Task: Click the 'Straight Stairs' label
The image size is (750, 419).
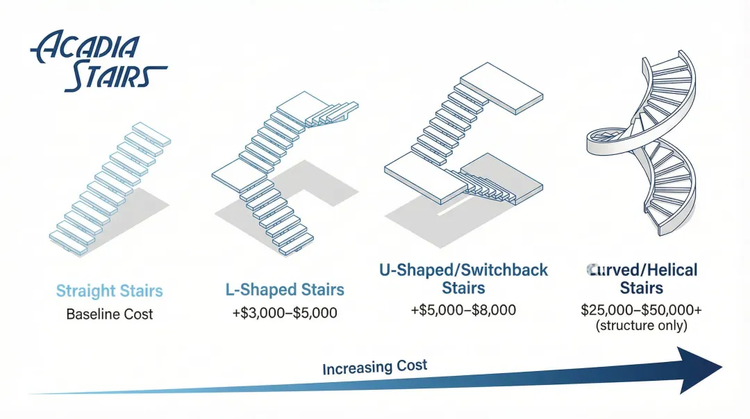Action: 110,290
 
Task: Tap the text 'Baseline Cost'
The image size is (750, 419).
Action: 110,314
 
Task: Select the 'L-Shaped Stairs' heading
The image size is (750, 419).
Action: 285,290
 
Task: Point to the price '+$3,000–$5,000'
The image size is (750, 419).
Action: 285,313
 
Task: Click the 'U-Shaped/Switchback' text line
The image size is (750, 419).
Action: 463,270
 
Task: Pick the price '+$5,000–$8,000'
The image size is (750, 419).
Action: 463,310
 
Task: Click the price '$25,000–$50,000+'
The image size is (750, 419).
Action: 641,310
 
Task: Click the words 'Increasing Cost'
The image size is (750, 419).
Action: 374,366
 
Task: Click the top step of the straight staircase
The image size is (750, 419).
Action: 151,132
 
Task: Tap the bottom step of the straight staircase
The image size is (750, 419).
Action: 72,237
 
